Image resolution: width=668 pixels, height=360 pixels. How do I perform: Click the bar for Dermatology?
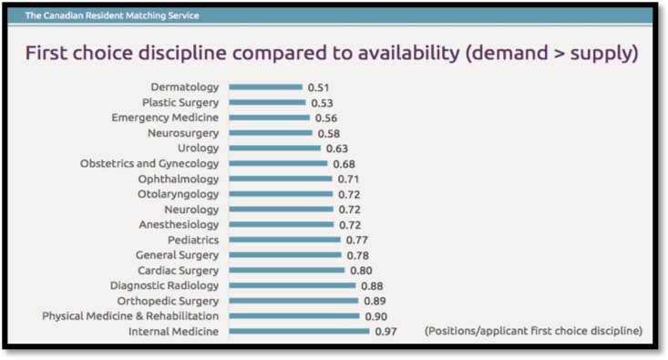click(265, 87)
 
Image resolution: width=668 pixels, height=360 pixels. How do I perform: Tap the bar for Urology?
click(274, 149)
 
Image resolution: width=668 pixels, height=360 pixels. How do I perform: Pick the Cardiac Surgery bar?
click(287, 271)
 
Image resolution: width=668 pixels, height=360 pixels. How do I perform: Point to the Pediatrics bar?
click(284, 240)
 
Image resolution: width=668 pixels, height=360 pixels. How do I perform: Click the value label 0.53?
click(322, 103)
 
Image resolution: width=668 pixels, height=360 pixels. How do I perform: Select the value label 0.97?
click(386, 332)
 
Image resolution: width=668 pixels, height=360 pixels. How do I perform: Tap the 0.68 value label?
click(344, 164)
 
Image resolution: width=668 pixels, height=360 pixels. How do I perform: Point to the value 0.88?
click(372, 286)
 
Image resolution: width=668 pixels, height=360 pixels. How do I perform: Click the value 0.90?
click(376, 316)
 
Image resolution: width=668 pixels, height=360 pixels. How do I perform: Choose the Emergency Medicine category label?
click(165, 118)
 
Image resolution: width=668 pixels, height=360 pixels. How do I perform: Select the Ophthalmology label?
click(179, 180)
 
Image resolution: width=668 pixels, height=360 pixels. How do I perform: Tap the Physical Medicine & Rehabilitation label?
click(130, 316)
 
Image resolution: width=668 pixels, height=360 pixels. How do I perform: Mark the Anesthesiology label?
click(179, 225)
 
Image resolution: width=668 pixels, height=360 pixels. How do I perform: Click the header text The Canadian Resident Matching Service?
click(112, 15)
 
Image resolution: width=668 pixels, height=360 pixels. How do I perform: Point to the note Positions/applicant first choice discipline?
click(533, 330)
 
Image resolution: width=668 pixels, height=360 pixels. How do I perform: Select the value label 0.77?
click(357, 241)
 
